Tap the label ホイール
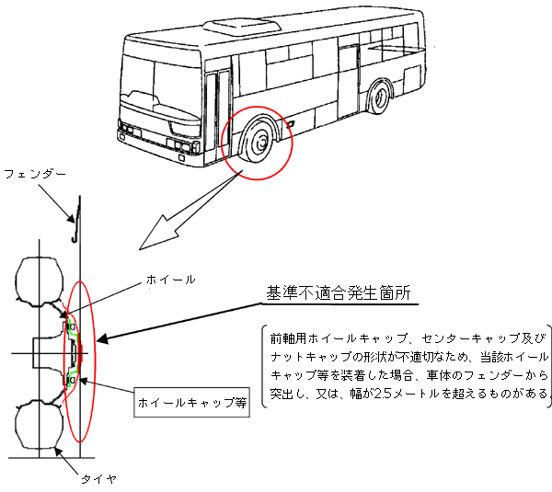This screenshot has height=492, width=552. pos(170,279)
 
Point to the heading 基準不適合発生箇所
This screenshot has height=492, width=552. pos(338,293)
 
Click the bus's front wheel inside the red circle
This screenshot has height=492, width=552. pos(259,142)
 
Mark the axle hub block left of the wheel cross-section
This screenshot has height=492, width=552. pos(42,352)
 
